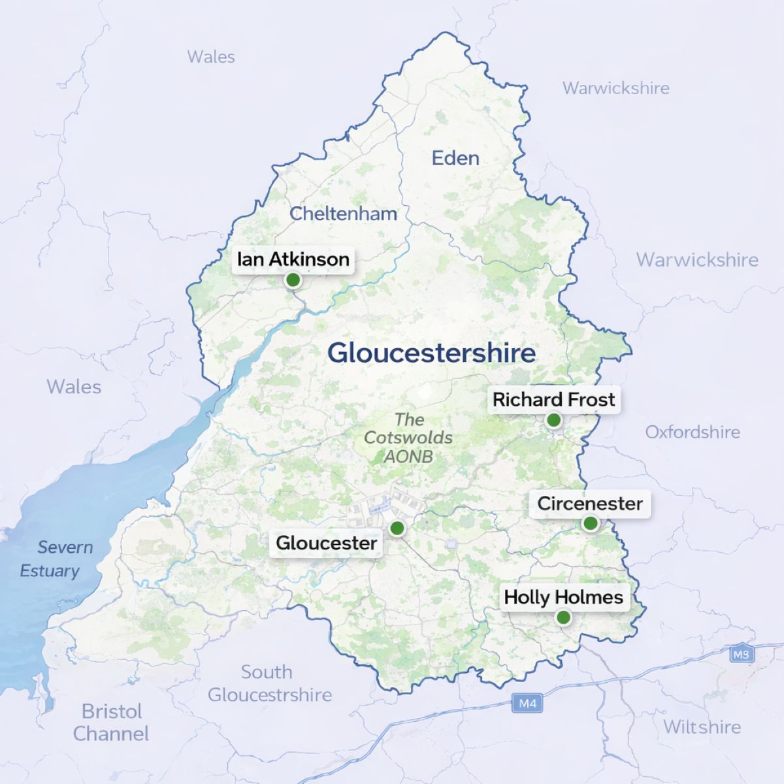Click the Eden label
coord(455,158)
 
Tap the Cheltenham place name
coord(343,214)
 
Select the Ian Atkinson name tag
coord(293,259)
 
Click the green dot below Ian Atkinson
coord(293,280)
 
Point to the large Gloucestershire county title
coord(431,353)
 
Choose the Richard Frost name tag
coord(554,400)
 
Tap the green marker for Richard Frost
coord(553,420)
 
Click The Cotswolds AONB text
coord(408,438)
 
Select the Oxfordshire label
coord(693,432)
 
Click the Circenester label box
coord(590,504)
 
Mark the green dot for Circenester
coord(590,523)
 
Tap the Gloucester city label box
coord(327,543)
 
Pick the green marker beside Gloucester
coord(397,528)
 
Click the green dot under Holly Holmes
coord(563,617)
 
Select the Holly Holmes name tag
coord(563,597)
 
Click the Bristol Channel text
coord(111,722)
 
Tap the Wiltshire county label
coord(702,727)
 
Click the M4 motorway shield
coord(527,704)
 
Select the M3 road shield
coord(741,654)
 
